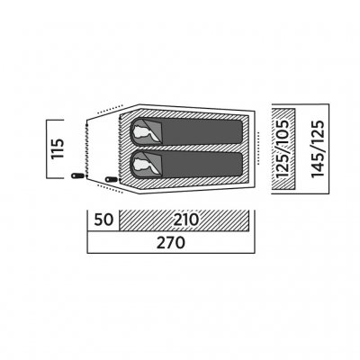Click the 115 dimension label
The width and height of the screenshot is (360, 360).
coord(58,148)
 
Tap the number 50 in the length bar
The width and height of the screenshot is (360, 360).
coord(103,220)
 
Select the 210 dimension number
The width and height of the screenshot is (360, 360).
coord(186,220)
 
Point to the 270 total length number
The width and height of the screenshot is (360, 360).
coord(171,242)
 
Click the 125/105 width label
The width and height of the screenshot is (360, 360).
coord(283,148)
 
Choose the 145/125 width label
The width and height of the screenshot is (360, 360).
coord(318,148)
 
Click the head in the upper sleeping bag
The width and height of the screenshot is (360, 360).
coord(142,132)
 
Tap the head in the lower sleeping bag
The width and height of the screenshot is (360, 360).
coord(142,165)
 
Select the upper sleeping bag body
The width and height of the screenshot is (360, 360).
coord(186,131)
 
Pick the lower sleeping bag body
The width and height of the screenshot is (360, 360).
coord(186,165)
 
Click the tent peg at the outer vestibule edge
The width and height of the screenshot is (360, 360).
coord(77,175)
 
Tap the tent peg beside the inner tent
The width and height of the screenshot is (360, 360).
coord(112,179)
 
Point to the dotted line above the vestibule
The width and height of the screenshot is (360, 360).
coord(111,109)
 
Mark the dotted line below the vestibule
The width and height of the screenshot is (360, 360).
coord(111,189)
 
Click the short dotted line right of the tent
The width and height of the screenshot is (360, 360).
coord(257,149)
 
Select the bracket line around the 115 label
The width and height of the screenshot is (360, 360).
coord(47,148)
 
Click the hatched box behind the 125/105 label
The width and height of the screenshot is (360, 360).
coord(283,148)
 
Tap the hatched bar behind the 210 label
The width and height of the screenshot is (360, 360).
coord(184,220)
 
